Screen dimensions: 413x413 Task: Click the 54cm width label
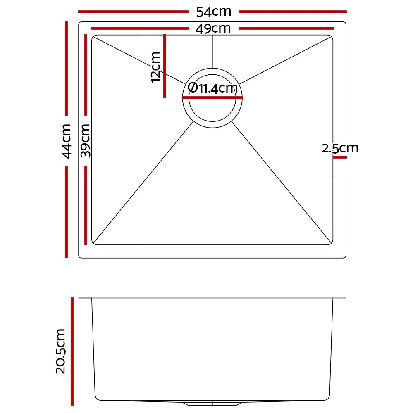click(213, 12)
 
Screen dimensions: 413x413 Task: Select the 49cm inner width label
click(213, 29)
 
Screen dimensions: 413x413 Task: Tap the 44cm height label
click(67, 141)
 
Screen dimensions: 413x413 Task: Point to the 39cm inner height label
click(86, 141)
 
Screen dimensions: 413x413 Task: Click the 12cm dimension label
click(155, 66)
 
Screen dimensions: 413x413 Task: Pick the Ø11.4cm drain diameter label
click(212, 88)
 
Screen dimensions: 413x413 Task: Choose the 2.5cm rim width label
click(340, 148)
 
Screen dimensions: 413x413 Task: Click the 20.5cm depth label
click(61, 351)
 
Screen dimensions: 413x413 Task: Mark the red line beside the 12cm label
click(165, 66)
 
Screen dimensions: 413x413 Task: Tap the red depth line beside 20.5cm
click(72, 351)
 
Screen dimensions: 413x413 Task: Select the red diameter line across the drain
click(212, 98)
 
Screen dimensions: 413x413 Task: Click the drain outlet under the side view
click(212, 402)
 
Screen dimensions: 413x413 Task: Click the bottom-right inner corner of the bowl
click(332, 243)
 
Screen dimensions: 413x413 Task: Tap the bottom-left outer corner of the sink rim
click(80, 257)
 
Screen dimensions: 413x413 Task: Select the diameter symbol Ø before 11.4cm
click(192, 88)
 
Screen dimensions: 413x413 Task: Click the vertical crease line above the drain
click(212, 52)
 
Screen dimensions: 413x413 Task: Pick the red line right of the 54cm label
click(292, 12)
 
